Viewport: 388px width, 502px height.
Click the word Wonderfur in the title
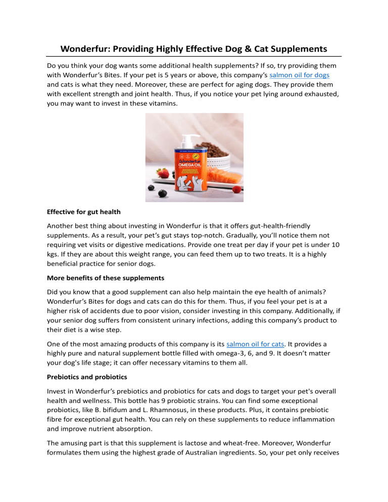(x=86, y=49)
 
